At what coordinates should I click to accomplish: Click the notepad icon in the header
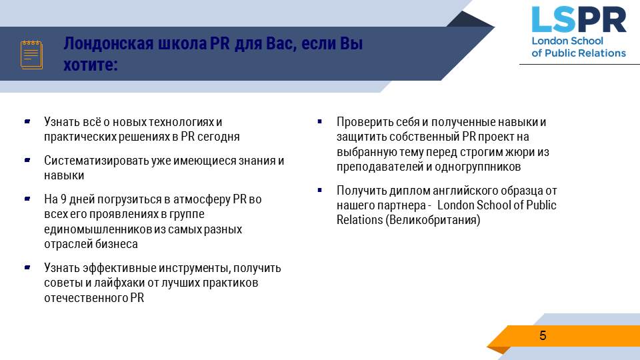[31, 55]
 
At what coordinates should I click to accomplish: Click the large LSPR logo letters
[579, 19]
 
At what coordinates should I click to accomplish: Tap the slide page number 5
[543, 335]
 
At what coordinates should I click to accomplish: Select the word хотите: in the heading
[91, 65]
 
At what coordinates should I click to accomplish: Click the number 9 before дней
[63, 199]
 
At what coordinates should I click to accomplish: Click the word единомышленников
[98, 229]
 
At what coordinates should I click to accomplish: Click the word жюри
[521, 152]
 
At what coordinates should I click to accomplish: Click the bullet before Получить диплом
[319, 190]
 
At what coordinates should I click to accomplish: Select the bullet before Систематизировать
[27, 160]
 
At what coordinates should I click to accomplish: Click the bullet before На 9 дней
[27, 199]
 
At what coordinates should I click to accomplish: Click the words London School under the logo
[567, 41]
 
